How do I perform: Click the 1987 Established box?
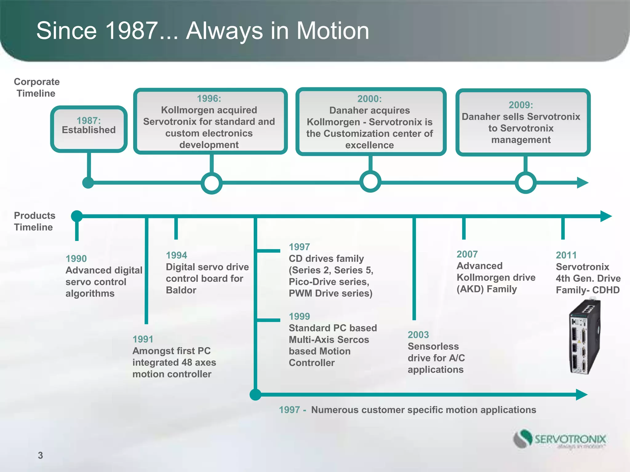pyautogui.click(x=89, y=129)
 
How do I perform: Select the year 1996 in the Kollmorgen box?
pyautogui.click(x=209, y=99)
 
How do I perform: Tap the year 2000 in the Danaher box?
pyautogui.click(x=369, y=99)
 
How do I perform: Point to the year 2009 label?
pyautogui.click(x=520, y=105)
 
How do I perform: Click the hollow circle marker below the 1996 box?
pyautogui.click(x=212, y=183)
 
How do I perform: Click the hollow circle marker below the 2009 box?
pyautogui.click(x=525, y=183)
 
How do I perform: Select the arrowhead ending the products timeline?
pyautogui.click(x=606, y=216)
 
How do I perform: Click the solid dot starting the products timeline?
pyautogui.click(x=77, y=216)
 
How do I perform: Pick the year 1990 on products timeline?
pyautogui.click(x=76, y=259)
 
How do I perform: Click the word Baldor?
pyautogui.click(x=181, y=290)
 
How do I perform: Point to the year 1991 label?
pyautogui.click(x=143, y=339)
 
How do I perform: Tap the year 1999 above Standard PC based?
pyautogui.click(x=299, y=316)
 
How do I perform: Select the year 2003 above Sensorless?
pyautogui.click(x=418, y=335)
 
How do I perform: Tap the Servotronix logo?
pyautogui.click(x=560, y=439)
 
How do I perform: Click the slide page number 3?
pyautogui.click(x=40, y=455)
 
